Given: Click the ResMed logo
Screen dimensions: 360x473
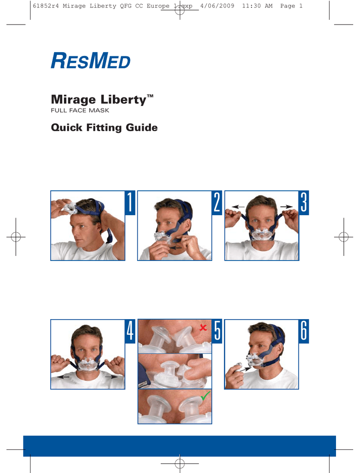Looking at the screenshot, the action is click(91, 61).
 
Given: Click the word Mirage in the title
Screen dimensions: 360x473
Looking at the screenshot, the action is click(73, 100).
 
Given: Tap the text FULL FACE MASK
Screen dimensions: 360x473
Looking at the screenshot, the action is click(80, 110).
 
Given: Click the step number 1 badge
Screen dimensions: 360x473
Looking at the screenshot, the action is click(130, 203).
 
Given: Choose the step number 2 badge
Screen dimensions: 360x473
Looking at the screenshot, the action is click(217, 203).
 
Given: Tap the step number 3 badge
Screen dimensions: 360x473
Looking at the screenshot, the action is click(304, 203).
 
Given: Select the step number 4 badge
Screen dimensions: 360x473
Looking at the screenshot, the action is click(130, 331).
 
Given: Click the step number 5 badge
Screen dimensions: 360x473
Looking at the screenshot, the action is click(217, 331).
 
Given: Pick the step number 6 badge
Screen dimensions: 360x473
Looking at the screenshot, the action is click(304, 331).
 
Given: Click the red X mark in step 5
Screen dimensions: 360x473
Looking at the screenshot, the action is click(203, 327).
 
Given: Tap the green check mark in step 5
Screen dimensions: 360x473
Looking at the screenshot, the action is click(205, 395).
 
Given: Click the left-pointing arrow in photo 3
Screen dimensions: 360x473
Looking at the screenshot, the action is click(238, 207).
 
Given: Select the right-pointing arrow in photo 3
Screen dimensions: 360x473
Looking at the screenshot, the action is click(287, 207).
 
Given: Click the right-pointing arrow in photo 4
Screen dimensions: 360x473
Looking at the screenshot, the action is click(111, 376).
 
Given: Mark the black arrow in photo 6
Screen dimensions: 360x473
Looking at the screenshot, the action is click(245, 369).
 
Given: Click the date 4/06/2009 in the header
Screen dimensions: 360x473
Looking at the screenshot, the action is click(217, 6).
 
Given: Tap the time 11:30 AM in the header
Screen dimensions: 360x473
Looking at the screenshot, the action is click(257, 6).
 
